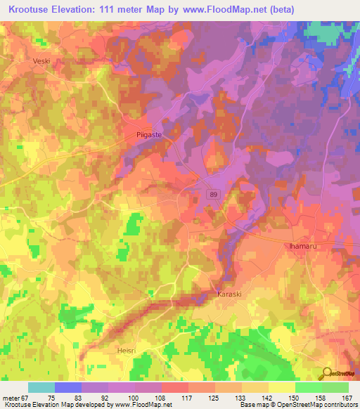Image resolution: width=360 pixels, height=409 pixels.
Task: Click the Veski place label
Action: coord(43,61)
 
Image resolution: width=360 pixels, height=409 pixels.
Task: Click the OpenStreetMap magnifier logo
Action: coord(326,373)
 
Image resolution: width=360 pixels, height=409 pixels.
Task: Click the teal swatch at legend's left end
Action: coord(41,387)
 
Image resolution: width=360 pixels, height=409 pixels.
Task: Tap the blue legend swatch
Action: coord(68,387)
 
